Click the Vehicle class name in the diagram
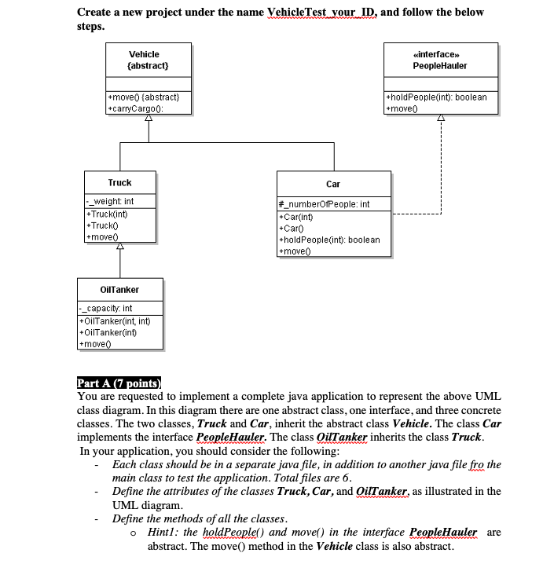pyautogui.click(x=144, y=54)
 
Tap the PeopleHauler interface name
pyautogui.click(x=440, y=66)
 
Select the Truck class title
pyautogui.click(x=119, y=182)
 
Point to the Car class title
pyautogui.click(x=333, y=184)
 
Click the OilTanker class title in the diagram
pyautogui.click(x=109, y=290)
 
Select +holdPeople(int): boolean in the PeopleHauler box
pyautogui.click(x=437, y=97)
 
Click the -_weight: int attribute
pyautogui.click(x=111, y=202)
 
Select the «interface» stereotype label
pyautogui.click(x=440, y=54)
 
